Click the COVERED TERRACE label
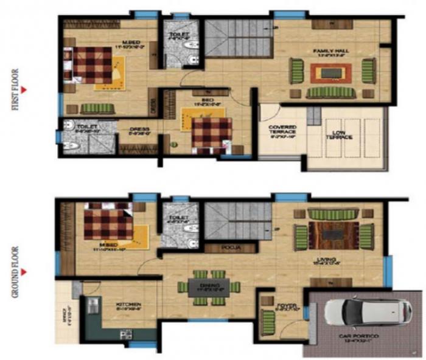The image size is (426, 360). click(x=283, y=131)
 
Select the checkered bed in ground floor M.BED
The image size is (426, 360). click(x=108, y=225)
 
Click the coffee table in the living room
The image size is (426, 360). click(x=332, y=234)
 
